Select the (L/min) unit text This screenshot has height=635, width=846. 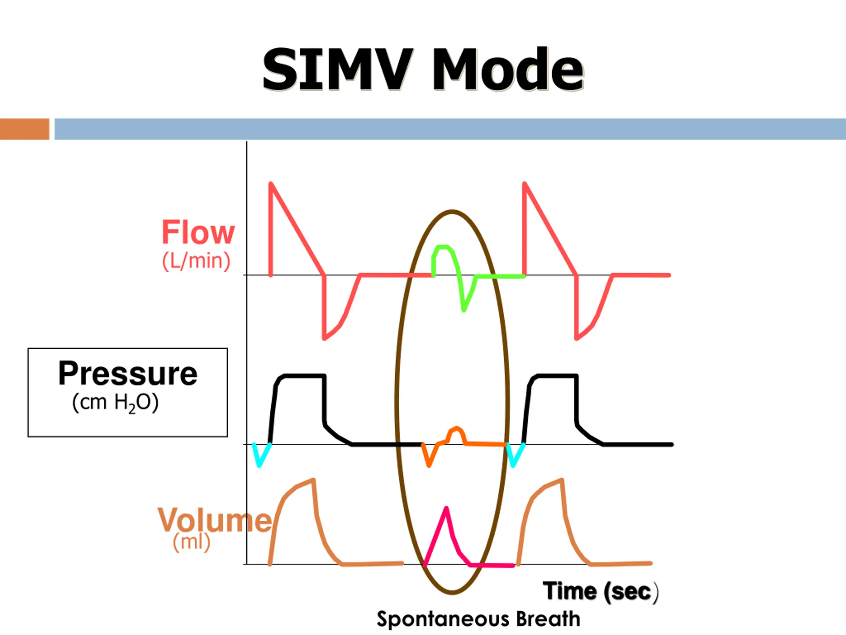196,261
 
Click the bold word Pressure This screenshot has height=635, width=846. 128,374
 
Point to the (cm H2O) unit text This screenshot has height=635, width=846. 115,403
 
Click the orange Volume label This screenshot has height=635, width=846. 214,520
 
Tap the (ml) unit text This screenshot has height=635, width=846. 191,542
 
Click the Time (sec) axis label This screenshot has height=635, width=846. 600,592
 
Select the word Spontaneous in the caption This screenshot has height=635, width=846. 443,620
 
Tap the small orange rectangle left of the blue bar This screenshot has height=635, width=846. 24,129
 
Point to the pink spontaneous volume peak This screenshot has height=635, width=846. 446,508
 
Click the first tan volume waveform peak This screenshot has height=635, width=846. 314,479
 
